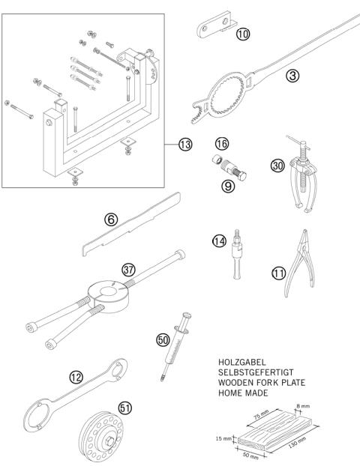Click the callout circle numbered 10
click(x=242, y=33)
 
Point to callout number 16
click(x=221, y=142)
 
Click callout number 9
click(x=228, y=186)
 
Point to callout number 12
click(x=74, y=378)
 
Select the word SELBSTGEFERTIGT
click(x=260, y=372)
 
